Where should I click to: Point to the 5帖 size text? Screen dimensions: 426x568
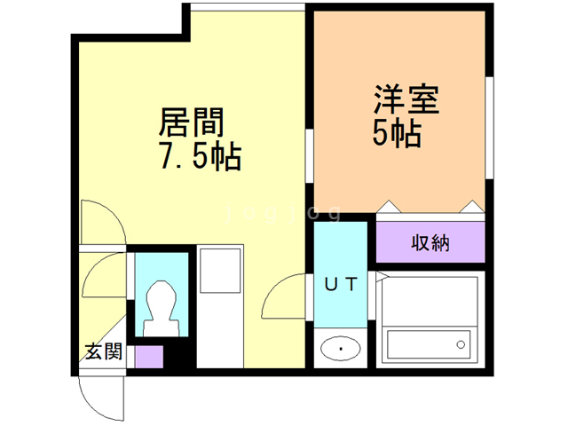pyautogui.click(x=397, y=134)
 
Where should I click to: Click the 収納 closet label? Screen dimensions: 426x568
pyautogui.click(x=430, y=242)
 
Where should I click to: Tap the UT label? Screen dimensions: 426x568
pyautogui.click(x=340, y=285)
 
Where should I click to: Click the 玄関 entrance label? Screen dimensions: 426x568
pyautogui.click(x=104, y=351)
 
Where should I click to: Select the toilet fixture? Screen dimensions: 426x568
pyautogui.click(x=161, y=306)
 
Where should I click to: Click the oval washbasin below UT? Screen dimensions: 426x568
pyautogui.click(x=340, y=349)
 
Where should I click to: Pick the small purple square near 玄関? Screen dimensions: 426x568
pyautogui.click(x=149, y=357)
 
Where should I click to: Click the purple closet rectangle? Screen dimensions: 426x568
pyautogui.click(x=430, y=242)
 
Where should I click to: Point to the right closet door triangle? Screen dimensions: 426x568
pyautogui.click(x=472, y=207)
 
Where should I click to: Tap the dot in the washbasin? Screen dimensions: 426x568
pyautogui.click(x=340, y=349)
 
